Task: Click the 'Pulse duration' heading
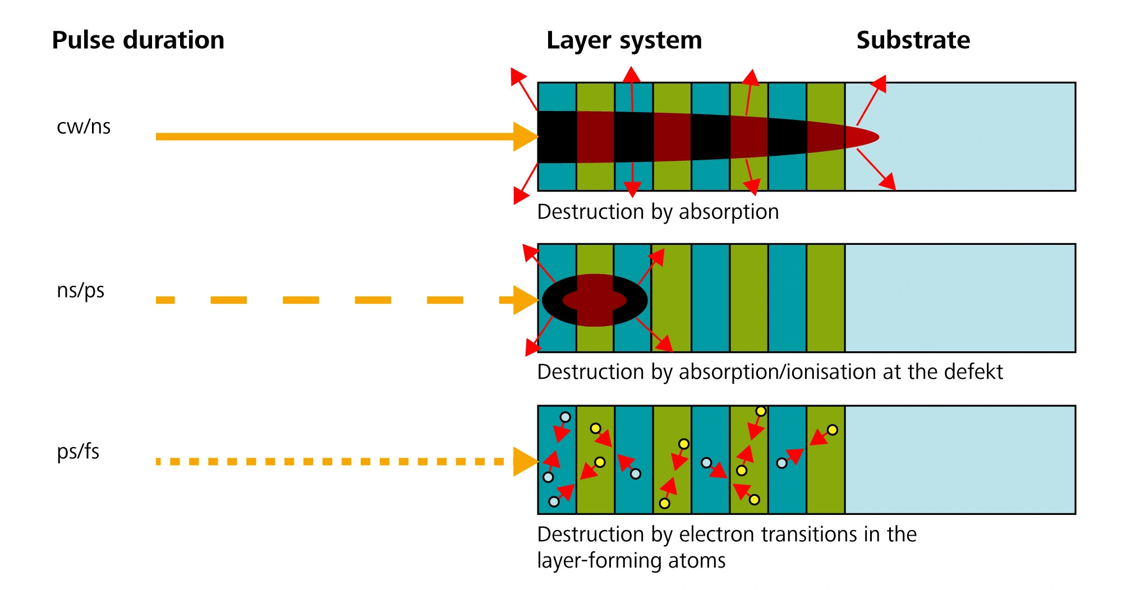138,40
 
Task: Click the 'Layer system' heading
624,40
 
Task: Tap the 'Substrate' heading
913,40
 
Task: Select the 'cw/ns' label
84,127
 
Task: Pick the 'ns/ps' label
80,290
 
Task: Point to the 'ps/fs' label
78,452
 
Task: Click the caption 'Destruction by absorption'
657,212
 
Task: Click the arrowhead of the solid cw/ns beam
525,137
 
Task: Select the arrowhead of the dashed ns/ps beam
525,300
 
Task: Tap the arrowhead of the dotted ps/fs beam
525,462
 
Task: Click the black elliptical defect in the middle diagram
553,300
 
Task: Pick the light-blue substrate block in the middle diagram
959,298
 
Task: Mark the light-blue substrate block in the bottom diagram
959,459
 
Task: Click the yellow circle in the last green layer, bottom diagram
833,430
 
